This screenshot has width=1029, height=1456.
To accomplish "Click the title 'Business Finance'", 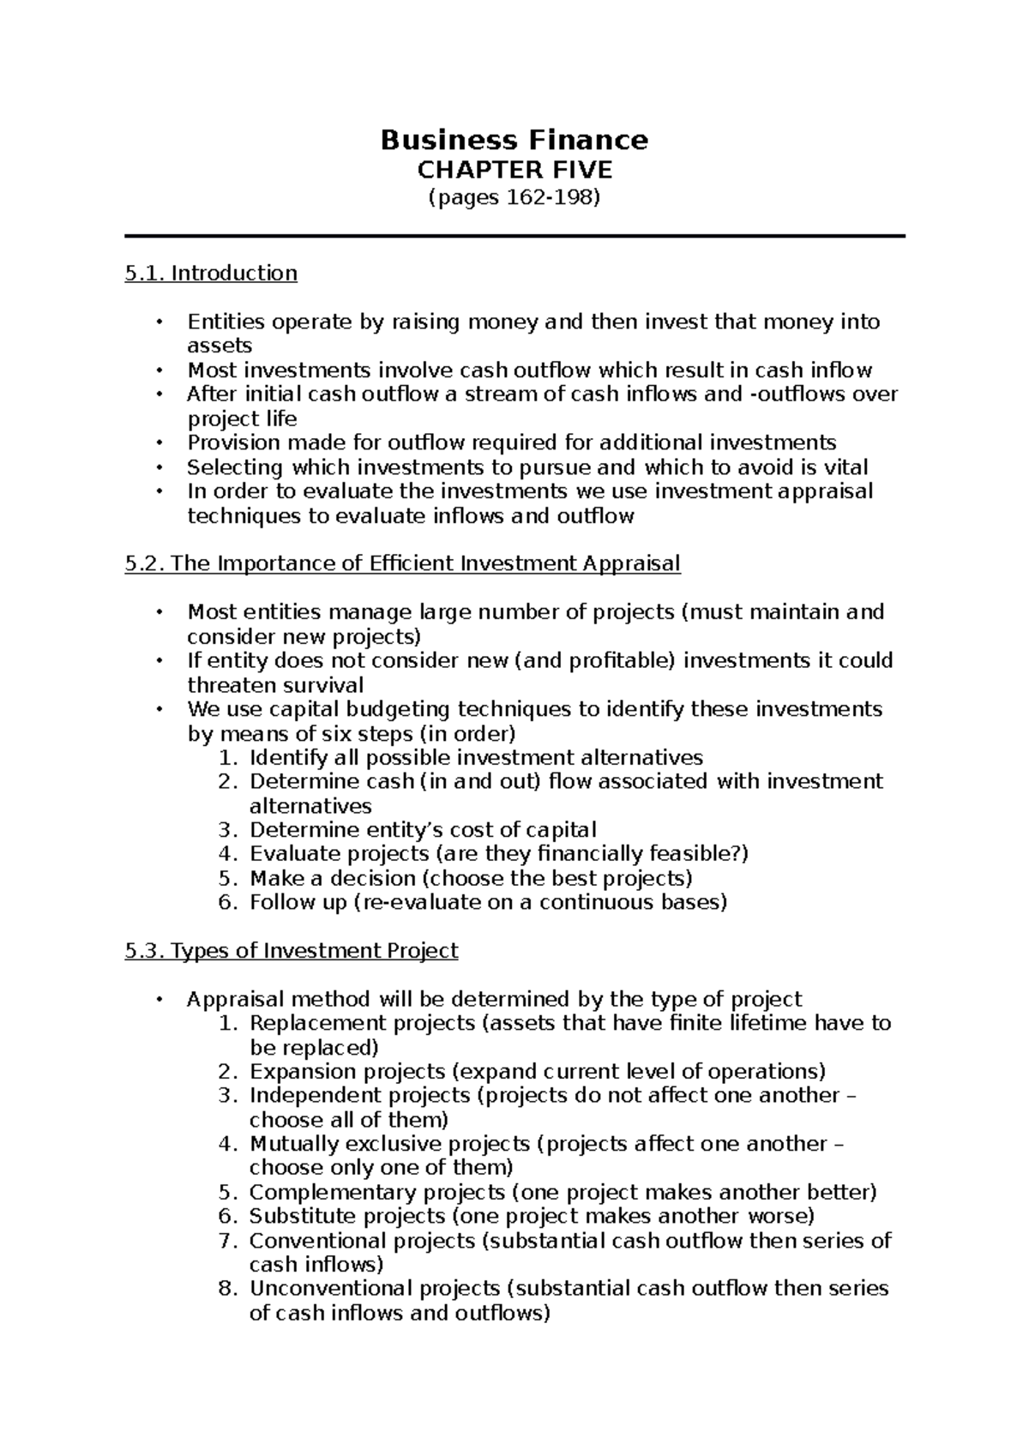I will [514, 139].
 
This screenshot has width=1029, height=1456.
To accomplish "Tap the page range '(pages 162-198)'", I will [514, 198].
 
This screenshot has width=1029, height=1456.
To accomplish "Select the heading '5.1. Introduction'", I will [211, 273].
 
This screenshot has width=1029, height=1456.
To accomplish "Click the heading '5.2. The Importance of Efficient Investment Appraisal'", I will [402, 563].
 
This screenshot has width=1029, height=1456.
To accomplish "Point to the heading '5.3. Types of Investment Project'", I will [292, 950].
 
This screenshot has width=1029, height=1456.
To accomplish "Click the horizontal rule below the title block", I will [514, 236].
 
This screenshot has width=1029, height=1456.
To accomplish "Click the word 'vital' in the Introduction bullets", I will [843, 467].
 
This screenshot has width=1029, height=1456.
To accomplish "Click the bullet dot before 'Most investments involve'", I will [158, 370].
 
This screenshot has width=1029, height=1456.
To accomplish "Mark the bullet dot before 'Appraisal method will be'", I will [158, 999].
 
